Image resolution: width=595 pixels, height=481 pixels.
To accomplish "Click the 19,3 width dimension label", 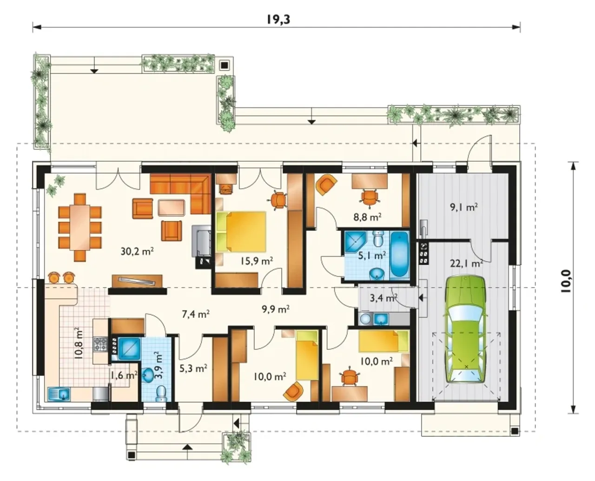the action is [278, 20].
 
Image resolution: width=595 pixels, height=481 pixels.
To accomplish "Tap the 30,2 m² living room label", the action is [137, 251].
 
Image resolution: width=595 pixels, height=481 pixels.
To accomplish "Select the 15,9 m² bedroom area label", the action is [257, 261].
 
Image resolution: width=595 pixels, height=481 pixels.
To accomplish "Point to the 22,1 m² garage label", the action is [467, 263].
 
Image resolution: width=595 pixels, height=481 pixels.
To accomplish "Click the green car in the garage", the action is [466, 329].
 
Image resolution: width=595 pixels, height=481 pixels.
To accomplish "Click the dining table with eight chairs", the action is [80, 227].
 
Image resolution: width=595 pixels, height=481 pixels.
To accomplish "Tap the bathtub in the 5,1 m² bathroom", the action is [399, 255].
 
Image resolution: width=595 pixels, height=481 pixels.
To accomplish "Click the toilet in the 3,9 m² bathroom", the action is [161, 393].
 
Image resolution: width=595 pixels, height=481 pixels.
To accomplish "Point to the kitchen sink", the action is [59, 394].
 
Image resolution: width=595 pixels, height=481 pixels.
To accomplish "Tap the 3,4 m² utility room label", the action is [383, 298].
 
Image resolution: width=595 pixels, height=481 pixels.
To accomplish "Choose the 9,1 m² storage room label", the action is [463, 207].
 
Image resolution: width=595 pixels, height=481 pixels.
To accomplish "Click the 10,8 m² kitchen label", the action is [79, 343].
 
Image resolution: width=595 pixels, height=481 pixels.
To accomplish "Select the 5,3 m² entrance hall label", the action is [193, 369].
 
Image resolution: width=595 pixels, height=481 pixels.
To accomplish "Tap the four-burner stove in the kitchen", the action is [100, 344].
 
